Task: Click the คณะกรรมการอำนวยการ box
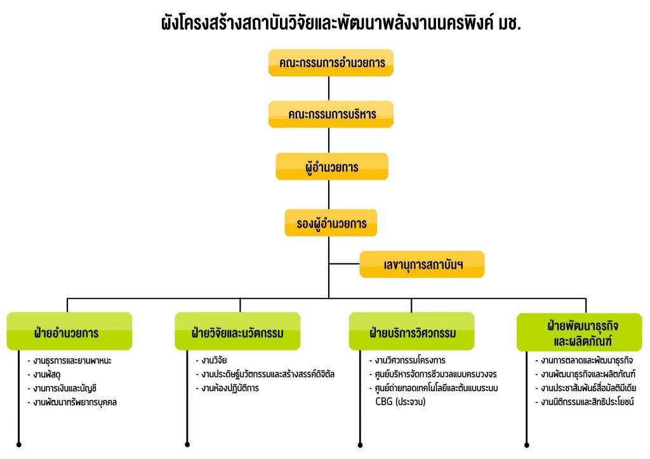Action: click(331, 63)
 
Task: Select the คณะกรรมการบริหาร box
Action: click(331, 114)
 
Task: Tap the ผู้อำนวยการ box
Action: click(331, 167)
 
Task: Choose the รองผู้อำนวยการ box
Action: click(331, 223)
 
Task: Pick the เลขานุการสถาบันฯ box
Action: click(422, 264)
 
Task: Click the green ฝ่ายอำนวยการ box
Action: click(69, 331)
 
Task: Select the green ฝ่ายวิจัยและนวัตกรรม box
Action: click(237, 331)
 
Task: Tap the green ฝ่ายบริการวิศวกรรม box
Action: click(411, 331)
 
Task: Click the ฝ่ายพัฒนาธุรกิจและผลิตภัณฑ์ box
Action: click(579, 332)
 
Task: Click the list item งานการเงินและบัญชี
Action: click(62, 388)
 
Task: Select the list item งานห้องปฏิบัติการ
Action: click(228, 388)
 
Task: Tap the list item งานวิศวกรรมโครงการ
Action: click(408, 360)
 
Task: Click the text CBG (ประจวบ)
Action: click(401, 401)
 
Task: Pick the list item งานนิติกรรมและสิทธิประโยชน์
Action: click(585, 401)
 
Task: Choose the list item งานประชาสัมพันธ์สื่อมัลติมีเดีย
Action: click(586, 388)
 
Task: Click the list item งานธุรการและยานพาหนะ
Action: click(70, 361)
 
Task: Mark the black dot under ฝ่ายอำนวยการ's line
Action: click(18, 444)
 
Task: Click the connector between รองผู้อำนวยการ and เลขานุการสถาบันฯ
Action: click(344, 264)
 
